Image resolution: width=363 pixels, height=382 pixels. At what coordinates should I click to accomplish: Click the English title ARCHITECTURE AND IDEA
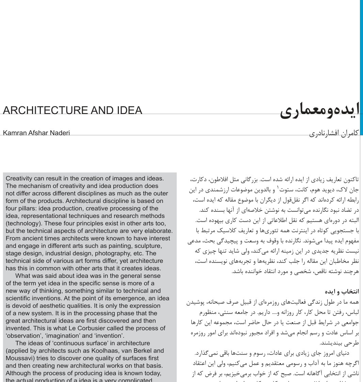pyautogui.click(x=72, y=111)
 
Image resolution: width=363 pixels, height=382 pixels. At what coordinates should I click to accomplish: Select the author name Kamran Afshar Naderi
pyautogui.click(x=36, y=133)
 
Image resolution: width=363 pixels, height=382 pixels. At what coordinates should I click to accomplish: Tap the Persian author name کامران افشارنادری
pyautogui.click(x=334, y=133)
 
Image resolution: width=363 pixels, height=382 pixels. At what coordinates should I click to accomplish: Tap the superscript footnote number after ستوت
pyautogui.click(x=278, y=188)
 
